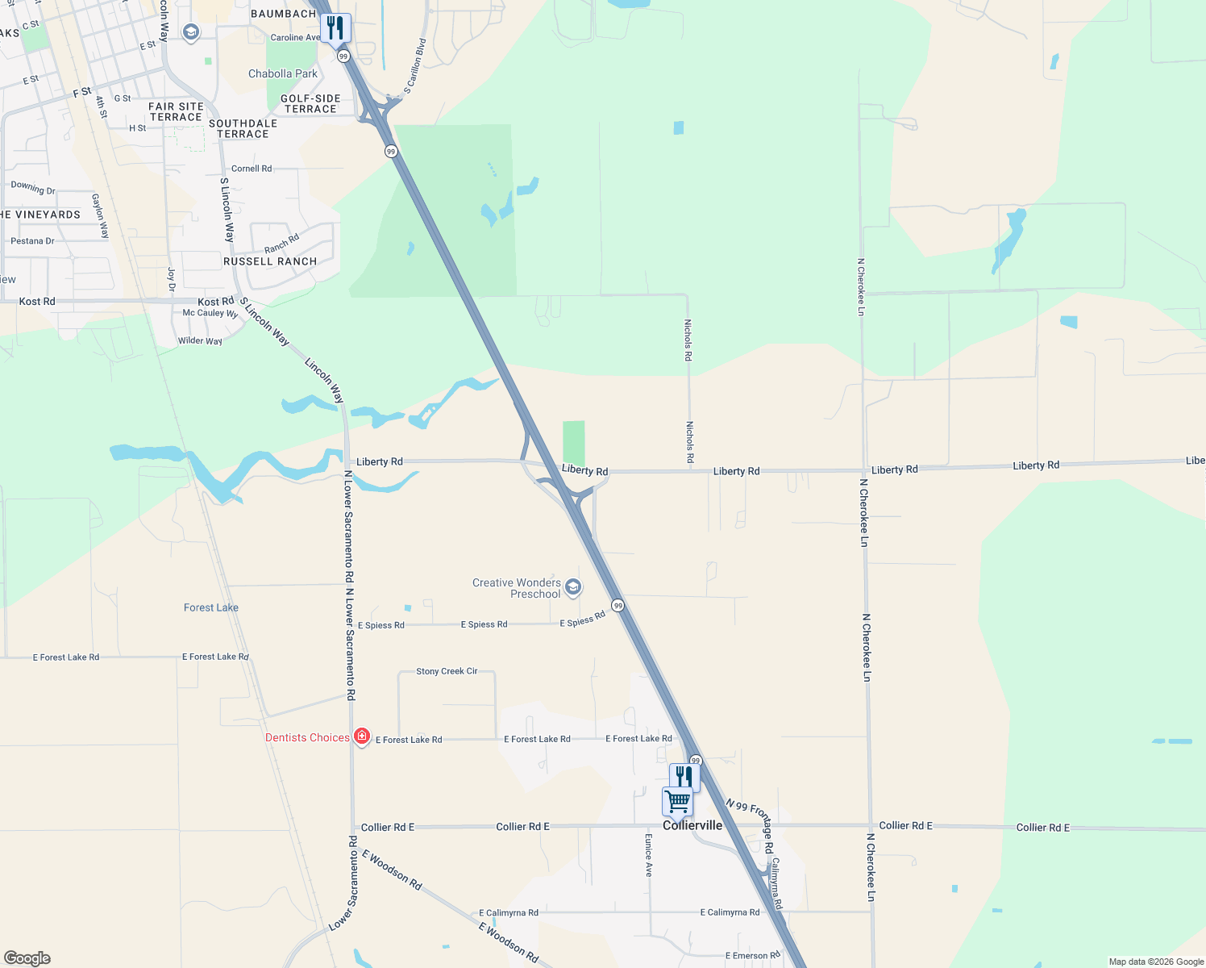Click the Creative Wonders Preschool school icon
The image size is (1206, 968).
[573, 586]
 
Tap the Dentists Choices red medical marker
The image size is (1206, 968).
[362, 736]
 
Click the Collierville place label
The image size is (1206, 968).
[692, 825]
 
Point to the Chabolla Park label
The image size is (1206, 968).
[283, 73]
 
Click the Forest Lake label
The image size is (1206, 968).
[211, 607]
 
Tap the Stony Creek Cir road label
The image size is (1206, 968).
[447, 671]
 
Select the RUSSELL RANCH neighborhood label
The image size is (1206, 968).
[270, 261]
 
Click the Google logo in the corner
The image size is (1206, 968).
[27, 958]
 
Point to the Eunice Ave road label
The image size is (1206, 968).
[648, 856]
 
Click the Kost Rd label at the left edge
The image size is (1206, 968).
[37, 302]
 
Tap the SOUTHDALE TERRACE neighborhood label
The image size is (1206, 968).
[243, 129]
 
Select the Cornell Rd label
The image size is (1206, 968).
[252, 169]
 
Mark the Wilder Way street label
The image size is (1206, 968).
[200, 341]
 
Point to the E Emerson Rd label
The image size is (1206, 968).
[752, 956]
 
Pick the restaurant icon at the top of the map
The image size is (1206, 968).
[335, 28]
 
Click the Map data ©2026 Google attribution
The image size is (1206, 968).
[1156, 962]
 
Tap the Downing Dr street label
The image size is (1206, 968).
[33, 188]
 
